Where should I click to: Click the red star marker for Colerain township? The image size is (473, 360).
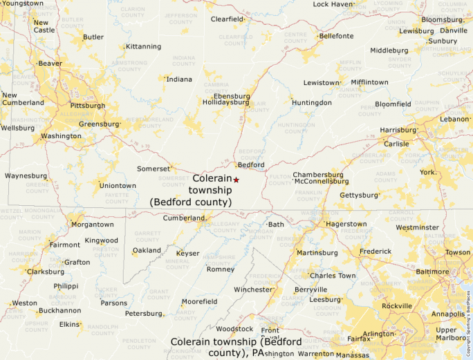pos(236,180)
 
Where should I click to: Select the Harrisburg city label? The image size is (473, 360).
pos(397,130)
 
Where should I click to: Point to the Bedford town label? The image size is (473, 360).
pos(251,164)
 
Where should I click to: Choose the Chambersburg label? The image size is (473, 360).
pos(317,175)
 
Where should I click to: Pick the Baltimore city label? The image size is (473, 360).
pos(432,272)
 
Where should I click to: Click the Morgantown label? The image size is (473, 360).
pos(93,225)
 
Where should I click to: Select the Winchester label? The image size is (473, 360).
pos(253,290)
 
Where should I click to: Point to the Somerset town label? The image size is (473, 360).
pos(153,169)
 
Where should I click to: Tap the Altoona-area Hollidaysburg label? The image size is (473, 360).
pos(225,102)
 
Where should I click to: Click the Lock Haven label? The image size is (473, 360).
pos(333,4)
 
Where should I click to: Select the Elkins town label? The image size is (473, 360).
pos(69,323)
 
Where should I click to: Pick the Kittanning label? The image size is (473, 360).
pos(143,47)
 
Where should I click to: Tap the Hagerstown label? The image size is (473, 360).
pos(346,224)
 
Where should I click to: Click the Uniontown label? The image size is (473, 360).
pos(118,185)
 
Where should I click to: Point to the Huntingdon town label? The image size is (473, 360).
pos(311,103)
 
